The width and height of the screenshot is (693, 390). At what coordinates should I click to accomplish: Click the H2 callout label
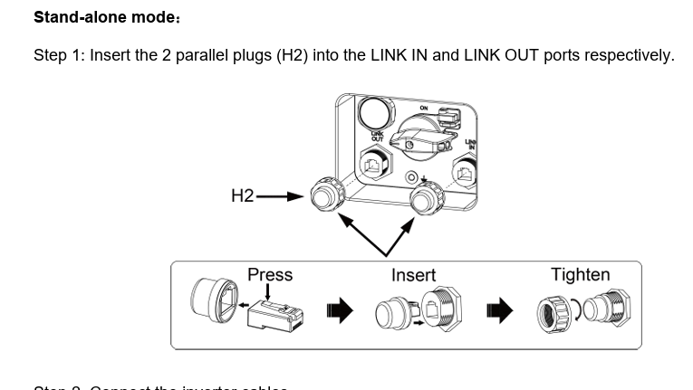(243, 195)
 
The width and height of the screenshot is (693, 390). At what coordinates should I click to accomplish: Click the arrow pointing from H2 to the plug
(280, 195)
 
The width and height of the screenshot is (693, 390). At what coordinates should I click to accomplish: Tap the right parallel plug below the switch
(424, 198)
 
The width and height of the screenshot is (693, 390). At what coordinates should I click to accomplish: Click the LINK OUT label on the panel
(379, 136)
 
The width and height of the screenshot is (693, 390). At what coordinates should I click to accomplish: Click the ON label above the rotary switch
(423, 109)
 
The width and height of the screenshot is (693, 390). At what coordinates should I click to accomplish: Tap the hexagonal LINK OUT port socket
(375, 165)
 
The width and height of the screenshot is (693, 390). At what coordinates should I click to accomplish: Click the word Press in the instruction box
(270, 274)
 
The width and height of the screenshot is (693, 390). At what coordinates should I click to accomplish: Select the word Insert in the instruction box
(413, 275)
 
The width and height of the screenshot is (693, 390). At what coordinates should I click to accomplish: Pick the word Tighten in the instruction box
(580, 274)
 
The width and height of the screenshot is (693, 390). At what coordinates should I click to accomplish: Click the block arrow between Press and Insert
(339, 312)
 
